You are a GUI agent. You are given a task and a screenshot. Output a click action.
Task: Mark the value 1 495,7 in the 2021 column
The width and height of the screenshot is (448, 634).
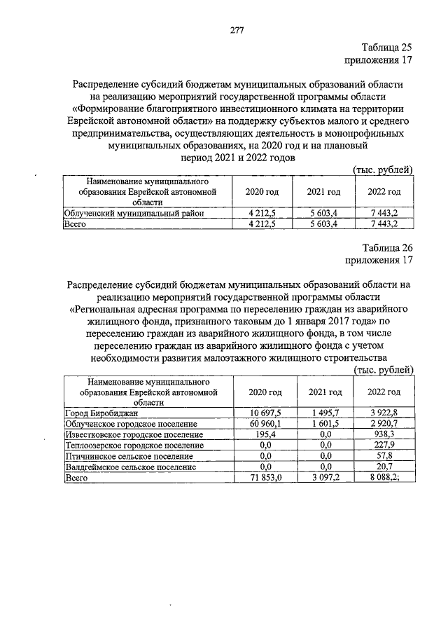click(x=323, y=413)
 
